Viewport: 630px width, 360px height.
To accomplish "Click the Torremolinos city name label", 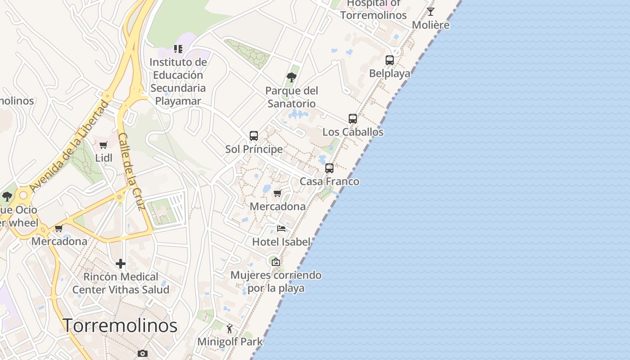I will pyautogui.click(x=120, y=325).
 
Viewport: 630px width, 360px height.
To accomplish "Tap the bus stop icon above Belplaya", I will pyautogui.click(x=390, y=60).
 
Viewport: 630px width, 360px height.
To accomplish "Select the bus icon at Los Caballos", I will pyautogui.click(x=353, y=119).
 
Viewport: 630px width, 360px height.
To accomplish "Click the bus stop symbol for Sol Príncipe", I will pyautogui.click(x=254, y=136).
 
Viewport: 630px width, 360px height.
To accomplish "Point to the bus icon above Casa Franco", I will pyautogui.click(x=329, y=168).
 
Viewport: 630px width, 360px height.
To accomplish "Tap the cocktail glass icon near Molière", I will pyautogui.click(x=431, y=12).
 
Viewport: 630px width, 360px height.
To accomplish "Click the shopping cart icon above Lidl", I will pyautogui.click(x=103, y=145).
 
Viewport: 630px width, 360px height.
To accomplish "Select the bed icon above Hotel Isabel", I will pyautogui.click(x=281, y=229).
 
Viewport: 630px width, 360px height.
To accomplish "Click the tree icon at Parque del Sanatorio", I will pyautogui.click(x=292, y=77).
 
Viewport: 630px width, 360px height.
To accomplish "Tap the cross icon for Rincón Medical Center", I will pyautogui.click(x=121, y=263).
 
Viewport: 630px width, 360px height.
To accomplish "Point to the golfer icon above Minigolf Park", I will pyautogui.click(x=229, y=328).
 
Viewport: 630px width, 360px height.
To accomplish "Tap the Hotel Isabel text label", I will pyautogui.click(x=281, y=242).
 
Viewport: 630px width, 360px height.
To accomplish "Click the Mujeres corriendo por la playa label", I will pyautogui.click(x=276, y=281).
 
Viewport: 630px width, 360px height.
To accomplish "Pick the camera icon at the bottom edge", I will pyautogui.click(x=143, y=353).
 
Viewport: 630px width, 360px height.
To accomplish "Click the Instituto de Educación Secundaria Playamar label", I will pyautogui.click(x=178, y=81).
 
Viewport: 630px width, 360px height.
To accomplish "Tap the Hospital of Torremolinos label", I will pyautogui.click(x=373, y=9).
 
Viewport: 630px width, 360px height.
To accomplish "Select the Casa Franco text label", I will pyautogui.click(x=329, y=181).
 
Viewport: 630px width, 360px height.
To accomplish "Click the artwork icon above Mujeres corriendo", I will pyautogui.click(x=276, y=261).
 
